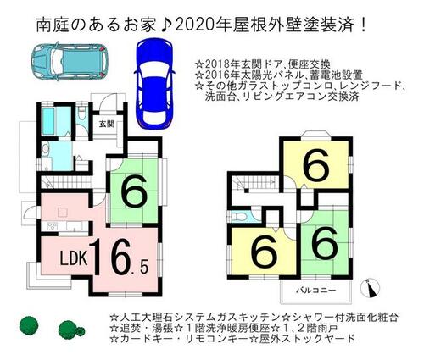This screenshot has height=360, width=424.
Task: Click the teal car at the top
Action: click(70, 61)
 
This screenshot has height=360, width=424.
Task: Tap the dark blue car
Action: click(154, 84)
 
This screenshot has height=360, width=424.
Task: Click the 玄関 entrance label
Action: click(107, 124)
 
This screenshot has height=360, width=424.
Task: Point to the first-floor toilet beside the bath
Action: click(81, 114)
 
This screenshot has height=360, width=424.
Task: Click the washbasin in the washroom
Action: click(45, 148)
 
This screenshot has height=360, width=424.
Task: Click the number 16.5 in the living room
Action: click(120, 257)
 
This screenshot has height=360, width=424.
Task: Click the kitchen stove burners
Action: click(53, 226)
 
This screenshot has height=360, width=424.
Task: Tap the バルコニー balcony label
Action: click(315, 291)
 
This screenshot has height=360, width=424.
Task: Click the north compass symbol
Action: click(371, 288)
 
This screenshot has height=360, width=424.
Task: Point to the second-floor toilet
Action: click(240, 217)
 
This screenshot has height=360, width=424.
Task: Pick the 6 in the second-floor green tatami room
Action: click(325, 244)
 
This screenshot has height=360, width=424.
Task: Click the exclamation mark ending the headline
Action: click(363, 25)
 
